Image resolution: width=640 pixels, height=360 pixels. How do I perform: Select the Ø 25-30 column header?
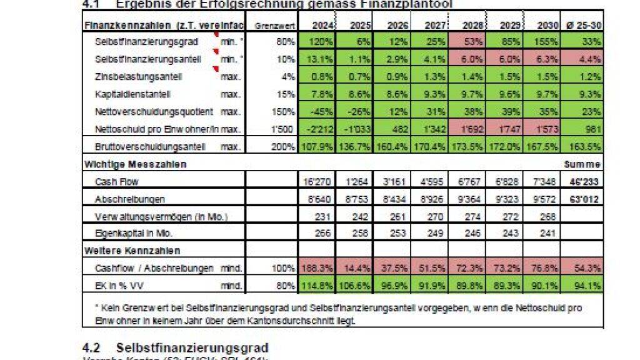(586, 25)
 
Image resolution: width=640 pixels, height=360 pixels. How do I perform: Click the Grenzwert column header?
(271, 25)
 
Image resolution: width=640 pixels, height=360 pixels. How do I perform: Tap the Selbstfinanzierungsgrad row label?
(146, 42)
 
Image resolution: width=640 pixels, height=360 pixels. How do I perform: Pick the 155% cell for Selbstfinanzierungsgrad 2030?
(547, 42)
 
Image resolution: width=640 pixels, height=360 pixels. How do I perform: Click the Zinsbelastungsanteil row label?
(138, 77)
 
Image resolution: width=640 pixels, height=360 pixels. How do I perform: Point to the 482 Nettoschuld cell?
(395, 129)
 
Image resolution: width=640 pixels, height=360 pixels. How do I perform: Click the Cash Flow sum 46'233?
(586, 182)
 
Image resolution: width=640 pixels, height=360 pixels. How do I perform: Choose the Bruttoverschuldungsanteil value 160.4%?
(394, 147)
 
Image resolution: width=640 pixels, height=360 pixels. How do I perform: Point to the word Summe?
(587, 164)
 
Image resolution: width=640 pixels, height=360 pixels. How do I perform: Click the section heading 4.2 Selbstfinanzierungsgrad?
(176, 347)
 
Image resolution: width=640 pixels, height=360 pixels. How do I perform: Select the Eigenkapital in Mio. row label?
(133, 233)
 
